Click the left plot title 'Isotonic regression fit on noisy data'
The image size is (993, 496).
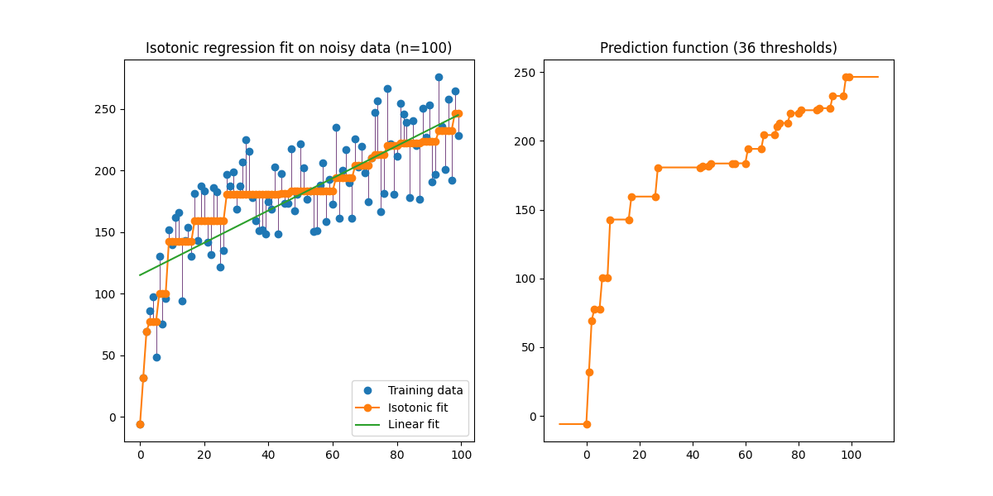(x=299, y=48)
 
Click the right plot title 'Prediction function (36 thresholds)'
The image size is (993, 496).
(x=718, y=48)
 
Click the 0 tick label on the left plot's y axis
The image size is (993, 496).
(x=111, y=417)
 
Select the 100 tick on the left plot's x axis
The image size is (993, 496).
(x=461, y=454)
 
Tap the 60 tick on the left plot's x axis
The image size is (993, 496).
(x=333, y=454)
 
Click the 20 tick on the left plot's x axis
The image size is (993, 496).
(x=204, y=454)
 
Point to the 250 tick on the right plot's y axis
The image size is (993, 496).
(x=525, y=73)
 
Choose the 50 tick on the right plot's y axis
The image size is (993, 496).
(x=528, y=348)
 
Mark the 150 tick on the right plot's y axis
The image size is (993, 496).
(x=525, y=210)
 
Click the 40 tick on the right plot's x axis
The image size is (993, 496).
(x=693, y=454)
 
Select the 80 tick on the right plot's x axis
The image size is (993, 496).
(x=799, y=454)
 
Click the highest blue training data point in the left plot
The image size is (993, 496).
(x=439, y=77)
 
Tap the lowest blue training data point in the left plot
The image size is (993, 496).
(x=156, y=357)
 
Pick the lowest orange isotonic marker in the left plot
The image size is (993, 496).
(x=140, y=424)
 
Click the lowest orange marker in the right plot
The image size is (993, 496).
(x=587, y=424)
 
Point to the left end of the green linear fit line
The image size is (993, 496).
(x=140, y=275)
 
